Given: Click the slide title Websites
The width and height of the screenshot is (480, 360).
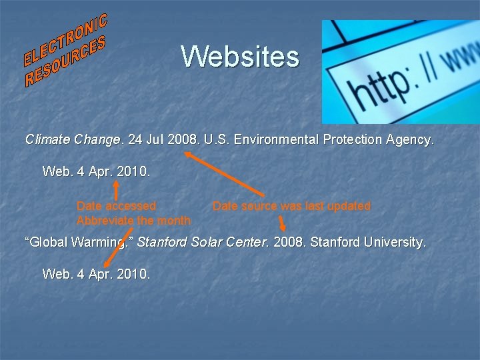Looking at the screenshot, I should coord(240,57).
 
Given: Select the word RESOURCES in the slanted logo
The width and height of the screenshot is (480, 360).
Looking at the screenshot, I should coord(65,65).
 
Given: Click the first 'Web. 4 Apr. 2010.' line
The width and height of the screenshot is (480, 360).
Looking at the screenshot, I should coord(96,171).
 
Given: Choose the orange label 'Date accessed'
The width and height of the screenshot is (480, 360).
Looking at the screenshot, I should coord(116,206).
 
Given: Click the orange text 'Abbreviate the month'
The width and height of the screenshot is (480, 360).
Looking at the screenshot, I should coord(133,220).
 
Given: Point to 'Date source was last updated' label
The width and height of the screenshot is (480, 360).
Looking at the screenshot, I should coord(291,206).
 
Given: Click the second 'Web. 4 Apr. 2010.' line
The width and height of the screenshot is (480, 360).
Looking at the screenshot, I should coord(96,273).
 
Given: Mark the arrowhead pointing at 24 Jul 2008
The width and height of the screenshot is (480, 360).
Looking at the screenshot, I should coord(188,154).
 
